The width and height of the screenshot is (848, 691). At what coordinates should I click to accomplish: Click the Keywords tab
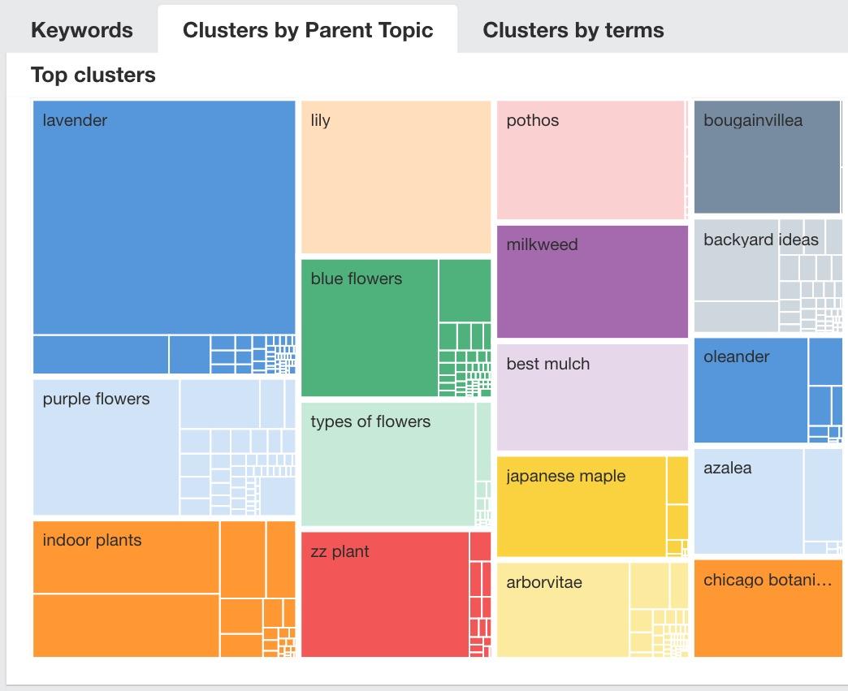(x=81, y=30)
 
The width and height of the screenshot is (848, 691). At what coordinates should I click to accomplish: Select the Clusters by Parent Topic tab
(x=308, y=30)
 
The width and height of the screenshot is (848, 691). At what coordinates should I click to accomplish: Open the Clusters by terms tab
(x=573, y=30)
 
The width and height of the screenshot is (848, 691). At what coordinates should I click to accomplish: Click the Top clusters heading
(x=93, y=75)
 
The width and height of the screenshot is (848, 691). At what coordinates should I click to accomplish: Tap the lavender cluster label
(x=75, y=120)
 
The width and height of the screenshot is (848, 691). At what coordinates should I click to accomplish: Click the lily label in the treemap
(x=320, y=120)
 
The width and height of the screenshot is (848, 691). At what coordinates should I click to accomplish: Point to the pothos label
(x=532, y=120)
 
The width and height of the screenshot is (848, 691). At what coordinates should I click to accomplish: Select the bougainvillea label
(x=752, y=120)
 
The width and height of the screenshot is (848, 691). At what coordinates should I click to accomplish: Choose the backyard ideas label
(x=760, y=240)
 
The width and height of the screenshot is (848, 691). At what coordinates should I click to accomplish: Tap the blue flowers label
(x=356, y=279)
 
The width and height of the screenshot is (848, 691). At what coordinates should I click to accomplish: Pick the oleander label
(x=736, y=356)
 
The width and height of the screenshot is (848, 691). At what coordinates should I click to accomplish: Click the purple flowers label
(x=96, y=399)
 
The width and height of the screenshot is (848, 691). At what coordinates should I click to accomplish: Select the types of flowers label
(x=370, y=421)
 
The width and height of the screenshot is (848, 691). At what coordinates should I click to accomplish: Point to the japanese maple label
(x=565, y=476)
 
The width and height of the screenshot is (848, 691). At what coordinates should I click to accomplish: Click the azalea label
(x=727, y=468)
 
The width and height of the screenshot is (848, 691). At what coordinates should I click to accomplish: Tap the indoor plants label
(x=92, y=540)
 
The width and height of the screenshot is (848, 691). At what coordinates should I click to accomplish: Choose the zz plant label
(x=340, y=551)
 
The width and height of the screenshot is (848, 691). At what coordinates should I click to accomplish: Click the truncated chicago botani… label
(x=767, y=580)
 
